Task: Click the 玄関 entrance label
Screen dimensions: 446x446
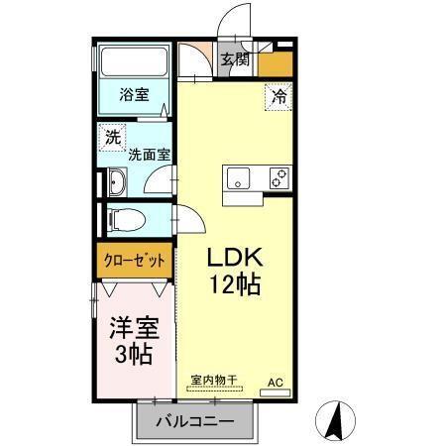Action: pyautogui.click(x=235, y=59)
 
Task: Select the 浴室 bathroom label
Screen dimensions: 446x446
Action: pyautogui.click(x=134, y=96)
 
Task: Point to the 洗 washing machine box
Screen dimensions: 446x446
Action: pyautogui.click(x=113, y=138)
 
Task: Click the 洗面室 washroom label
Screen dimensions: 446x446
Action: pyautogui.click(x=149, y=155)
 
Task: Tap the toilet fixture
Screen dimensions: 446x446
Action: pyautogui.click(x=127, y=218)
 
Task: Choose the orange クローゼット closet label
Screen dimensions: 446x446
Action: pyautogui.click(x=135, y=262)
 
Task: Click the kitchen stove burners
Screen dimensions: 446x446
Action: pyautogui.click(x=279, y=178)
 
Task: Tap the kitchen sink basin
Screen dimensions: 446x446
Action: pyautogui.click(x=240, y=178)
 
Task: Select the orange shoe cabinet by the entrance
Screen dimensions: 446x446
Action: pyautogui.click(x=276, y=63)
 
